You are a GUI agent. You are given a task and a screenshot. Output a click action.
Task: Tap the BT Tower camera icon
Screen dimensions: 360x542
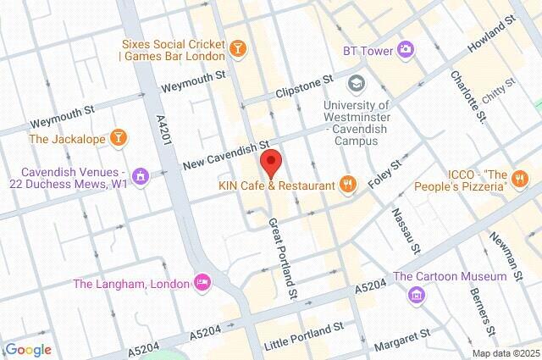(x=406, y=50)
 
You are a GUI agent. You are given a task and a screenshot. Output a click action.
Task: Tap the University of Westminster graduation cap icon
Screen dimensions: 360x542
(x=357, y=83)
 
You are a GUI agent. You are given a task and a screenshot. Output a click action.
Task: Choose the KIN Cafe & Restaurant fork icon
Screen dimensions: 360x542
(x=346, y=184)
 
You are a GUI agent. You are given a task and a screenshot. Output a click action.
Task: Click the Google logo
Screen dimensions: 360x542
(x=27, y=350)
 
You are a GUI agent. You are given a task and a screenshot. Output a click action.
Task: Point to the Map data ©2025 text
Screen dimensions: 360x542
(x=505, y=352)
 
